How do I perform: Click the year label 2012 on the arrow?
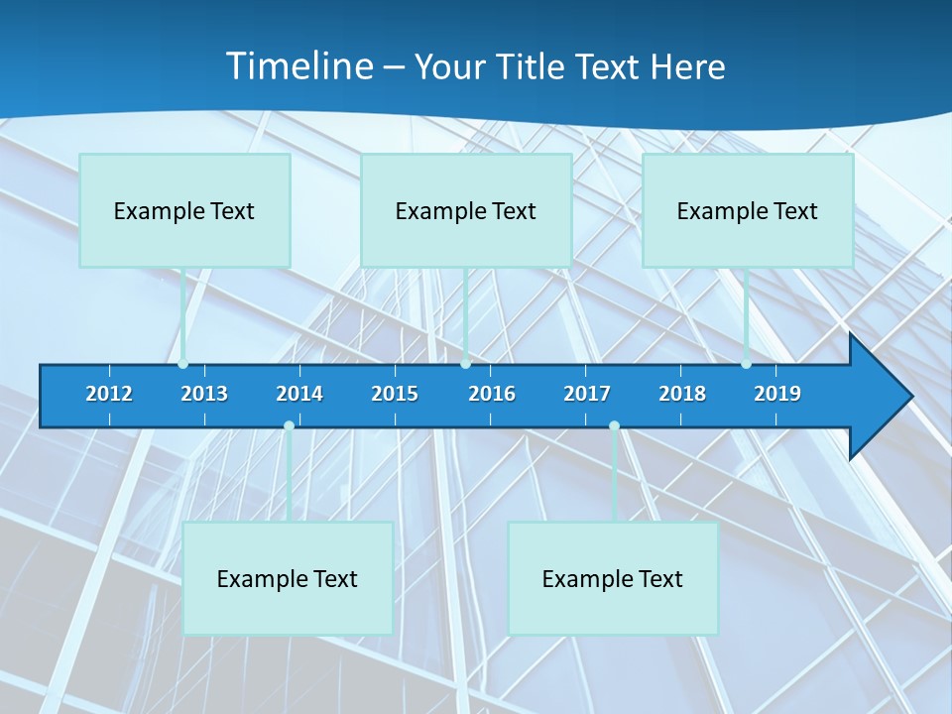[109, 394]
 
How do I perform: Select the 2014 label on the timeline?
[299, 394]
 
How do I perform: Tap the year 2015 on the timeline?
[395, 394]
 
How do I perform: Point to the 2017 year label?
[587, 394]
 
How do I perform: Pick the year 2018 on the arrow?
[682, 394]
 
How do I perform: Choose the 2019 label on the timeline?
[777, 394]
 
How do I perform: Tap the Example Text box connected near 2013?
[184, 210]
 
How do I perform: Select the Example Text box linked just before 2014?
[288, 578]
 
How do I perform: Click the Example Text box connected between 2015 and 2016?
[466, 210]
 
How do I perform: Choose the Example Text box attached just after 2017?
[613, 578]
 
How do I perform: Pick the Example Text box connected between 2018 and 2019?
[748, 210]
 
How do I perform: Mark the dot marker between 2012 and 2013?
[182, 364]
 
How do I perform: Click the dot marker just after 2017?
[614, 426]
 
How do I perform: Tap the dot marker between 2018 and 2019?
[746, 364]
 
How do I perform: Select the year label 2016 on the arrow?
[492, 394]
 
